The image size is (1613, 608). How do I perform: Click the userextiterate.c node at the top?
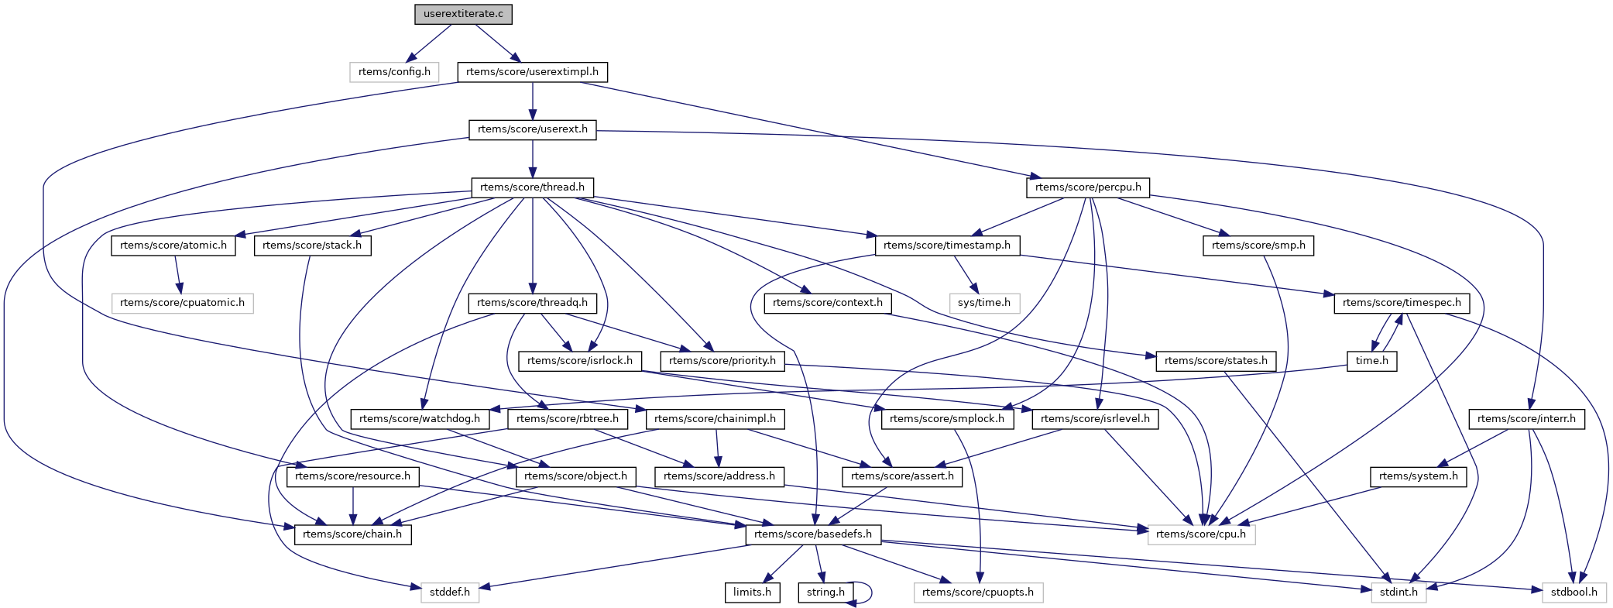tap(463, 14)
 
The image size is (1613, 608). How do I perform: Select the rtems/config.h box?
tap(394, 72)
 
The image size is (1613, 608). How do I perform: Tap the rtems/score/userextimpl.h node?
tap(532, 72)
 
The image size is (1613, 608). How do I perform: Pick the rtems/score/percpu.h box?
tap(1088, 187)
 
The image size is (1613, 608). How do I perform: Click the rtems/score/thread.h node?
tap(532, 187)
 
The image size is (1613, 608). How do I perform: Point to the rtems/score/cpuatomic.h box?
tap(182, 303)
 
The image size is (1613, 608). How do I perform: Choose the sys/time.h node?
tap(983, 303)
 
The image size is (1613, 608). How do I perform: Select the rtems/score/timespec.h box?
tap(1402, 303)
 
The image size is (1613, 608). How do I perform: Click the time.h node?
tap(1372, 361)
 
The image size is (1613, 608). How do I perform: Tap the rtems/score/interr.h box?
tap(1526, 419)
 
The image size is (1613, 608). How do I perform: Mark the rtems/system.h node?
tap(1418, 476)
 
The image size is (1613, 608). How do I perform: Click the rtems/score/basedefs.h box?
tap(813, 534)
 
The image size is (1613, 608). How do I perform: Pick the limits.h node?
tap(752, 593)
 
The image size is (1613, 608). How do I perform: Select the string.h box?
tap(825, 593)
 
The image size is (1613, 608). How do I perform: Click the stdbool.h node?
tap(1574, 593)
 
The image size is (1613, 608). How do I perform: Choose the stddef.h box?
tap(450, 593)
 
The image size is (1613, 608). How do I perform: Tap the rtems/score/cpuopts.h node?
tap(978, 593)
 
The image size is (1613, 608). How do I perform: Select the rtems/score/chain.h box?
tap(352, 534)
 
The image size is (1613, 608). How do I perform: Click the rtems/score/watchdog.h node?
tap(420, 419)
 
